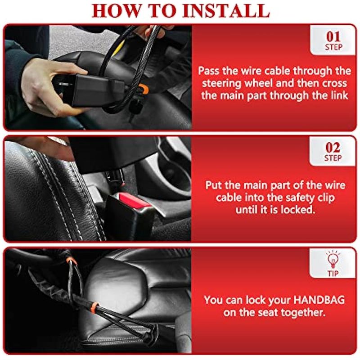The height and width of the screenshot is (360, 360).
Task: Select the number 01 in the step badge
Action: tap(333, 37)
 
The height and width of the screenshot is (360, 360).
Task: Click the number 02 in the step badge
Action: tap(333, 148)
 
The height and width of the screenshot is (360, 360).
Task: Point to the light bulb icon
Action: tap(333, 260)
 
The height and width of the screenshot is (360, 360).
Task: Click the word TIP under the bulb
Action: tap(333, 273)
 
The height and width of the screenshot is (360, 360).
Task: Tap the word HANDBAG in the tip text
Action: tap(319, 300)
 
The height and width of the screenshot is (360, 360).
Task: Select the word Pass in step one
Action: tap(208, 71)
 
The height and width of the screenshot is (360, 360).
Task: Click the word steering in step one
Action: tap(221, 84)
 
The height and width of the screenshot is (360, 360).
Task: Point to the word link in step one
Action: tap(340, 95)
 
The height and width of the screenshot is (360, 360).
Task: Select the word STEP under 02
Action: tap(333, 158)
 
